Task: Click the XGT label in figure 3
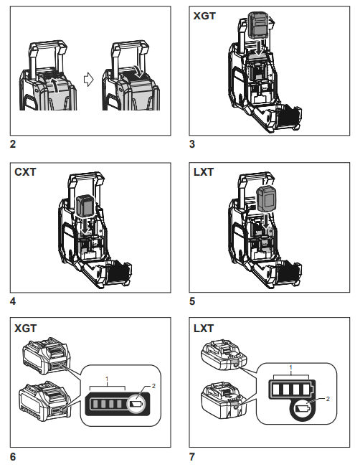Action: pos(204,16)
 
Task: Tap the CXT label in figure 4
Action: pos(25,172)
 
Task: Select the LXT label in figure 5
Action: pos(204,172)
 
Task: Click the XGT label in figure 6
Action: pos(26,329)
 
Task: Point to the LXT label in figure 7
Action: pos(204,329)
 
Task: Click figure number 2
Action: pos(13,144)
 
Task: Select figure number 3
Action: pos(192,144)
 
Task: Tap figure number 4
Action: pos(13,301)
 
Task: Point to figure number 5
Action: pos(192,301)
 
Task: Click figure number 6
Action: pos(13,456)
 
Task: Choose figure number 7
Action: pos(192,456)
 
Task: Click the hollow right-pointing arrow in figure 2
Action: pos(88,80)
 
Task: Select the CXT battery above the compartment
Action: pos(85,206)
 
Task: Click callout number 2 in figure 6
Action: pos(153,386)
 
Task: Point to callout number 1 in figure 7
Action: pos(290,367)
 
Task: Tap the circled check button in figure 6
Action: pos(136,404)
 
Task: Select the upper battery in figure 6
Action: pos(47,357)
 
